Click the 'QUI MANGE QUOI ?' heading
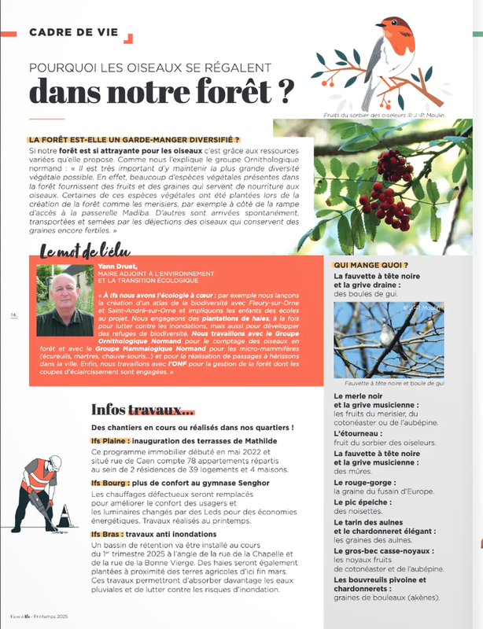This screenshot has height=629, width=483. (x=371, y=266)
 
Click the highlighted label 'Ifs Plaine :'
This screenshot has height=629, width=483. (x=110, y=441)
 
